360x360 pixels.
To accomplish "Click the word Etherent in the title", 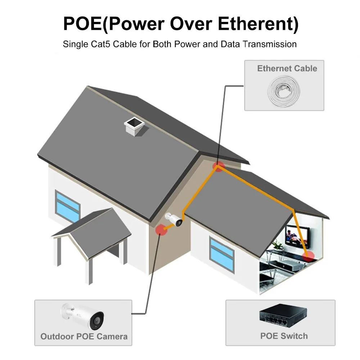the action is [x=257, y=24].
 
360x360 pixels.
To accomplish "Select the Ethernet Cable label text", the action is [x=287, y=68].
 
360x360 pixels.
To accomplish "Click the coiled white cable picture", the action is [x=284, y=91].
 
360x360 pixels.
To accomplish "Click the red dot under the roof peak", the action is [x=218, y=166].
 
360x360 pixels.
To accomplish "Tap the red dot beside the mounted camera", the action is [x=161, y=230].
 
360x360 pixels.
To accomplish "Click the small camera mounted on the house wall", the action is [x=174, y=219].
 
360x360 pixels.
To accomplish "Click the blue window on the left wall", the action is [x=68, y=207].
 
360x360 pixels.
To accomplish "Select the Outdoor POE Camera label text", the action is [x=84, y=336].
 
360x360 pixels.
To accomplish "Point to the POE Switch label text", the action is [x=284, y=336].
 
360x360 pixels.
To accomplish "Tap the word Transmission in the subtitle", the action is [x=270, y=44].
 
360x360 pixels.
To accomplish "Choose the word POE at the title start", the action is [x=82, y=24].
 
